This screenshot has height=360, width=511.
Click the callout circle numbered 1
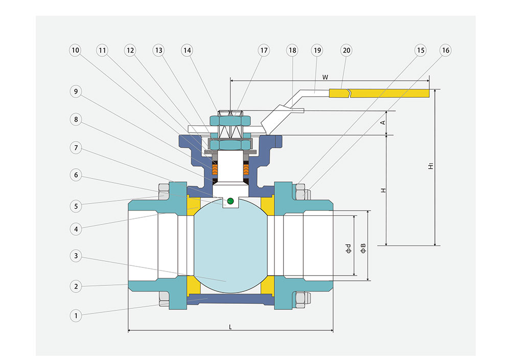(x=76, y=316)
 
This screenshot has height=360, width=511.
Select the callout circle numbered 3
(x=76, y=255)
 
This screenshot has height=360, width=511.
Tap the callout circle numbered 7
(x=76, y=148)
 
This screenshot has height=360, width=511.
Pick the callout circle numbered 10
(x=76, y=50)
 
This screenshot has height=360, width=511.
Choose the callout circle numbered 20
(x=346, y=50)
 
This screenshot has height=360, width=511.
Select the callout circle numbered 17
(x=264, y=50)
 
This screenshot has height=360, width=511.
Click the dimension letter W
(x=325, y=77)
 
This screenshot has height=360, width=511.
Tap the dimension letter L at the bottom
(x=230, y=326)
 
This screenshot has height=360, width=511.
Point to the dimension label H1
(x=431, y=166)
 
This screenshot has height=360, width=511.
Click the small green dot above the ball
(x=230, y=200)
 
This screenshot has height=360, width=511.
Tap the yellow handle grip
(x=388, y=93)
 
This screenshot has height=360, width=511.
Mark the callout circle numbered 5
(x=76, y=206)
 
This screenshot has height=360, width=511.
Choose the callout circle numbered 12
(x=131, y=50)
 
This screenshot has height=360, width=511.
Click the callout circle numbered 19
(x=317, y=50)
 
